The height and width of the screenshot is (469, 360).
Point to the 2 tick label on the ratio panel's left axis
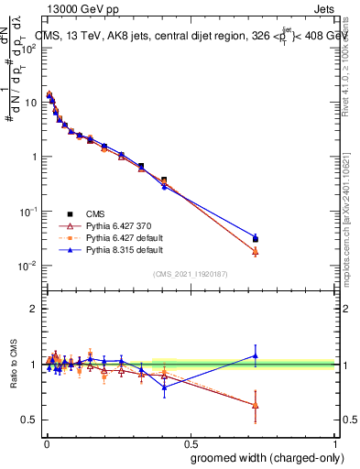[34, 309]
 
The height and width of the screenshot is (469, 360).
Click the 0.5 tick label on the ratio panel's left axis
[30, 420]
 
